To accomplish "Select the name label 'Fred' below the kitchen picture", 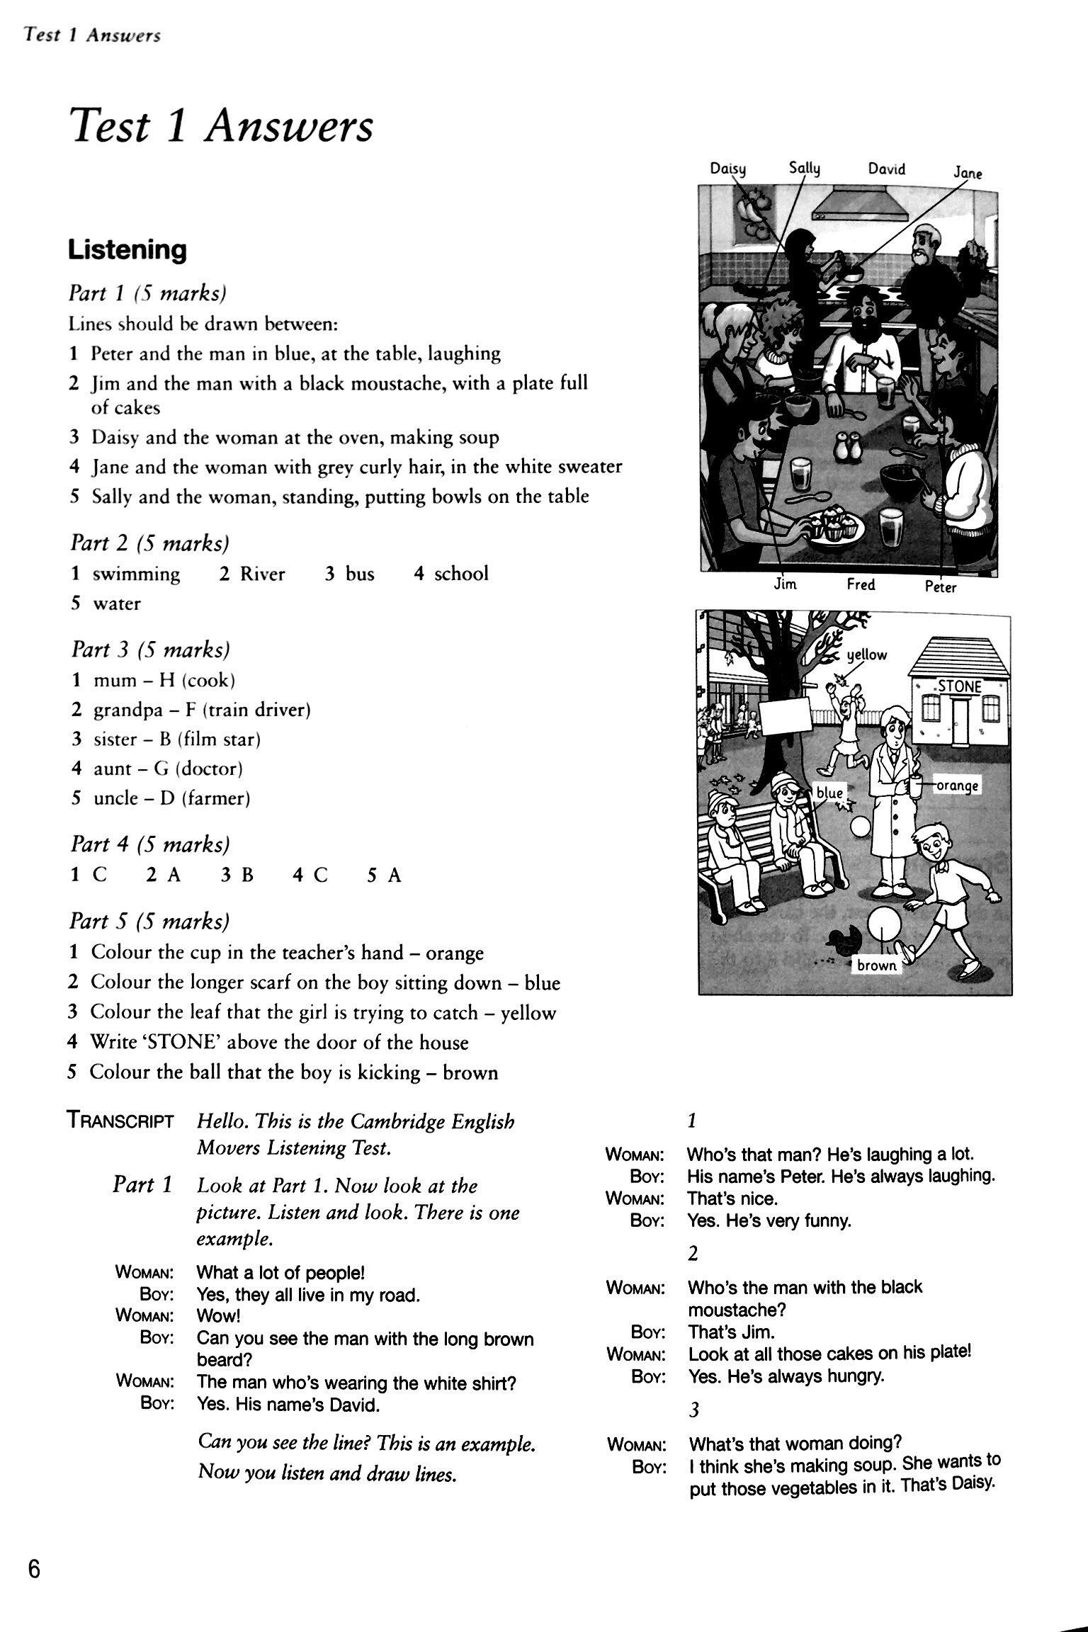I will [861, 584].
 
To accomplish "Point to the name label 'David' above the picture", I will [886, 169].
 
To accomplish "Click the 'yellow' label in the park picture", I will [866, 654].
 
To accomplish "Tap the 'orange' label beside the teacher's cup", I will [957, 786].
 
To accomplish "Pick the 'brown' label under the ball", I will [876, 965].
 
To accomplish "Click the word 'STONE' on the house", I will [960, 686].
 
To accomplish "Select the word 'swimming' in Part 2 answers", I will [136, 574].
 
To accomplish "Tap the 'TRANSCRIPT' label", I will [120, 1121].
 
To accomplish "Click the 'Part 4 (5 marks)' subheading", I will [149, 844].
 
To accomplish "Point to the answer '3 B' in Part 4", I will [237, 876].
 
